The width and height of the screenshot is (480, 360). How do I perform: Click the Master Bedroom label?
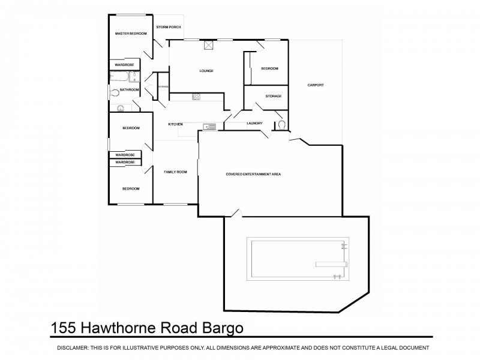[131, 34]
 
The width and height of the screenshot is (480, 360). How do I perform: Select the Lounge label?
[206, 71]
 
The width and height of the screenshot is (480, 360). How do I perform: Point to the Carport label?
[316, 85]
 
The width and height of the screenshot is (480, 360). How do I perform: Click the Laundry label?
[254, 124]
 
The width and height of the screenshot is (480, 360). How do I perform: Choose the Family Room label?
[176, 172]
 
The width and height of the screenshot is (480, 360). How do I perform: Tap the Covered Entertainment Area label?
[253, 174]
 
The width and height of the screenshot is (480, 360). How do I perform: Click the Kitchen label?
[175, 124]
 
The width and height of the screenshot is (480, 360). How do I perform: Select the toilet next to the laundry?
[281, 125]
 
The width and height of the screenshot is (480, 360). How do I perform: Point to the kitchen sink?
[209, 126]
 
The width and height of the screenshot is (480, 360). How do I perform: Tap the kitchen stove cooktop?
[196, 97]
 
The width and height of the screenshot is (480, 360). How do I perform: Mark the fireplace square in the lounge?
[209, 44]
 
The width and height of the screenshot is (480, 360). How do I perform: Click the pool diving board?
[329, 263]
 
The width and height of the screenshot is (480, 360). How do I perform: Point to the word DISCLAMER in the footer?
[73, 348]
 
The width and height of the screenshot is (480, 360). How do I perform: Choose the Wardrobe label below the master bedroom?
[124, 64]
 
